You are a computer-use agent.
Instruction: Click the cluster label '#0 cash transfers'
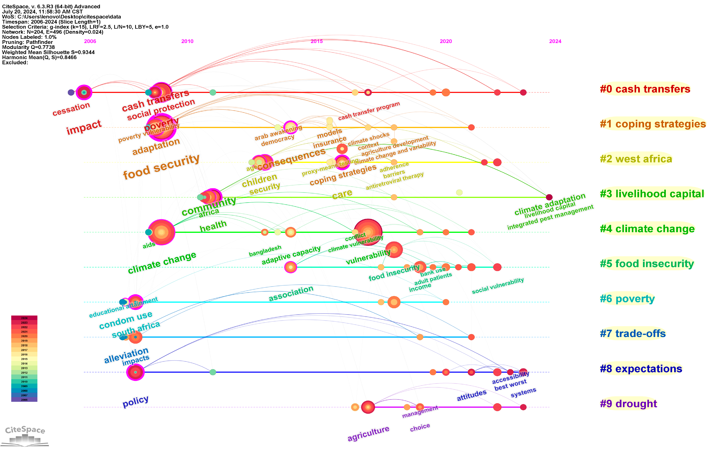[x=645, y=89]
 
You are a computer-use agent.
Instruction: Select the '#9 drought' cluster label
[x=628, y=403]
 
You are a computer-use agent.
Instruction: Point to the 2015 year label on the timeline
[x=317, y=41]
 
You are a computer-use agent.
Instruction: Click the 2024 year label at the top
[x=555, y=41]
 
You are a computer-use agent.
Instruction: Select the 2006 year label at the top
[x=90, y=41]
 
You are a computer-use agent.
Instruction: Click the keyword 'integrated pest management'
[x=550, y=217]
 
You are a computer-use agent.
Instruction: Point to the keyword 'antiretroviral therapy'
[x=395, y=181]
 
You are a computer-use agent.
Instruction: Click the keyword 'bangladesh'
[x=265, y=251]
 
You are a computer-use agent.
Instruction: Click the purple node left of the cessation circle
[x=71, y=92]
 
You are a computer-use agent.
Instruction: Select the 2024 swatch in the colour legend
[x=24, y=318]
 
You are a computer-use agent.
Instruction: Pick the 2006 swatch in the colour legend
[x=24, y=400]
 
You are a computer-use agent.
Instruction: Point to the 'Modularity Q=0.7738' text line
[x=28, y=47]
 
